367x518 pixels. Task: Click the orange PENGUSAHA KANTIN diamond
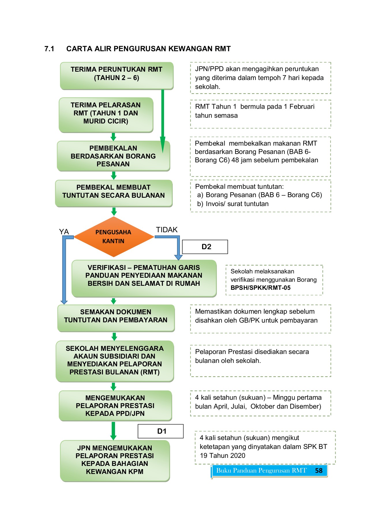[x=114, y=237]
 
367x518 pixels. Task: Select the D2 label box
[x=205, y=247]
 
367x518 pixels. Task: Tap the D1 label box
[x=161, y=431]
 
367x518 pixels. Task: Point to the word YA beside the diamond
[x=64, y=232]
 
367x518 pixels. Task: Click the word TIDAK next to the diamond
[x=167, y=230]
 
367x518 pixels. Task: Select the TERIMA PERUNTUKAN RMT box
[x=116, y=75]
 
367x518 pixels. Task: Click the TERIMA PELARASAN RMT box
[x=106, y=115]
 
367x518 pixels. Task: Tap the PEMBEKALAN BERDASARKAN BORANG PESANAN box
[x=113, y=156]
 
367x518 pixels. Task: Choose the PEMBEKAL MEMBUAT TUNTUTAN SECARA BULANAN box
[x=114, y=193]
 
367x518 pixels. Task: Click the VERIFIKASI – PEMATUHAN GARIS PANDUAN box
[x=144, y=278]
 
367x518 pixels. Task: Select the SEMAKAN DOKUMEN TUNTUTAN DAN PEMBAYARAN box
[x=116, y=318]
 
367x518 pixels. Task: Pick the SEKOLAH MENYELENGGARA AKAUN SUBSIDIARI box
[x=114, y=361]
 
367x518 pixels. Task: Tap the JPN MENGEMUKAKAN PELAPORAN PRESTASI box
[x=115, y=460]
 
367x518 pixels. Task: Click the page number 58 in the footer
[x=319, y=471]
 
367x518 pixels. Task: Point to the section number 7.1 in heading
[x=49, y=49]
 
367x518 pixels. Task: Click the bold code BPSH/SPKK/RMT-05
[x=260, y=288]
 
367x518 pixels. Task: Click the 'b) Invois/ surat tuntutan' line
[x=233, y=204]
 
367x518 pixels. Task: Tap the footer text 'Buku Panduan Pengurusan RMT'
[x=261, y=471]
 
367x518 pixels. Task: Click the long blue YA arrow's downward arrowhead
[x=64, y=302]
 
